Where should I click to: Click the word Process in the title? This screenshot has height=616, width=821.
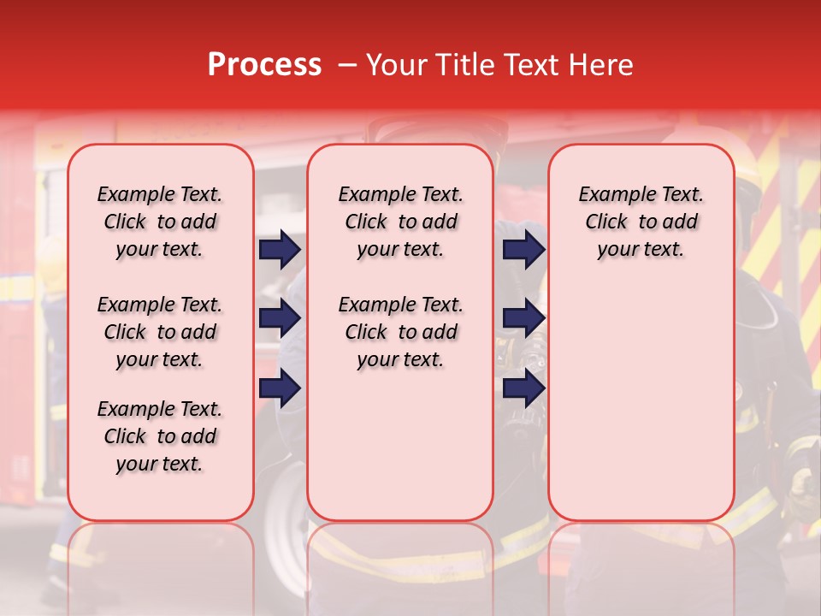264,65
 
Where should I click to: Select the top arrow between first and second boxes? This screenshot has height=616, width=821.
280,250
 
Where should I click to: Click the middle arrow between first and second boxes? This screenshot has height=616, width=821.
280,318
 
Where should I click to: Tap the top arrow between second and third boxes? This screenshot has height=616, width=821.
523,250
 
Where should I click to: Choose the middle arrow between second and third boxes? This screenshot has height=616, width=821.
523,318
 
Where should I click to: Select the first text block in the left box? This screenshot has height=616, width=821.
160,222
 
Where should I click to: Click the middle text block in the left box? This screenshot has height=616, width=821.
160,332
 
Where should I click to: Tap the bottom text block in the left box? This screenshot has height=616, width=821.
160,436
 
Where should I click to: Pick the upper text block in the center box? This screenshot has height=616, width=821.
400,222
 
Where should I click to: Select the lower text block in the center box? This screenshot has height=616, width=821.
400,332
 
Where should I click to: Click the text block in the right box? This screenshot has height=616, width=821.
641,222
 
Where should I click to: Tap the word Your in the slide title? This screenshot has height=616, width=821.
397,65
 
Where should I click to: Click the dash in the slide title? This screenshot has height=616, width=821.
346,65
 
